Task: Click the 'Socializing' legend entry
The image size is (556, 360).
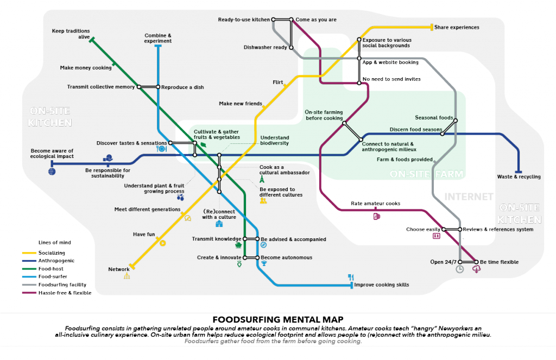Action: tap(52, 253)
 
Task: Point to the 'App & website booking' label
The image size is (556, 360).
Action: tap(390, 62)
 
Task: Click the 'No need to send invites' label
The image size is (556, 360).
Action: tap(391, 79)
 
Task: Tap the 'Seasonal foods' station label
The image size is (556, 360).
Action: tap(433, 117)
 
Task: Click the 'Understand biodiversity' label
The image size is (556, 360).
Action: tap(274, 140)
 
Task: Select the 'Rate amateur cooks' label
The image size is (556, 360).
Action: tap(375, 204)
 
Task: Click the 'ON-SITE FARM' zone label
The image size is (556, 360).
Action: tap(427, 175)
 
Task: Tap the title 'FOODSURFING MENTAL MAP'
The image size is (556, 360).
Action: tap(277, 319)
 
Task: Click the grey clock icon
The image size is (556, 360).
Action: tap(460, 269)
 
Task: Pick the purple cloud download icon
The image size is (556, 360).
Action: tap(477, 269)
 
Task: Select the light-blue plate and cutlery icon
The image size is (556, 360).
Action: tap(161, 148)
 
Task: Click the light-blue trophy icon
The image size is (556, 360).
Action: tap(264, 263)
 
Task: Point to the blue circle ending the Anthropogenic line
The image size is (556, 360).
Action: tap(52, 171)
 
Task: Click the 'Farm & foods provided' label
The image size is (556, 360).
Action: tap(404, 160)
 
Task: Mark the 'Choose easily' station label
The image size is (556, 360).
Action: tap(422, 229)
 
